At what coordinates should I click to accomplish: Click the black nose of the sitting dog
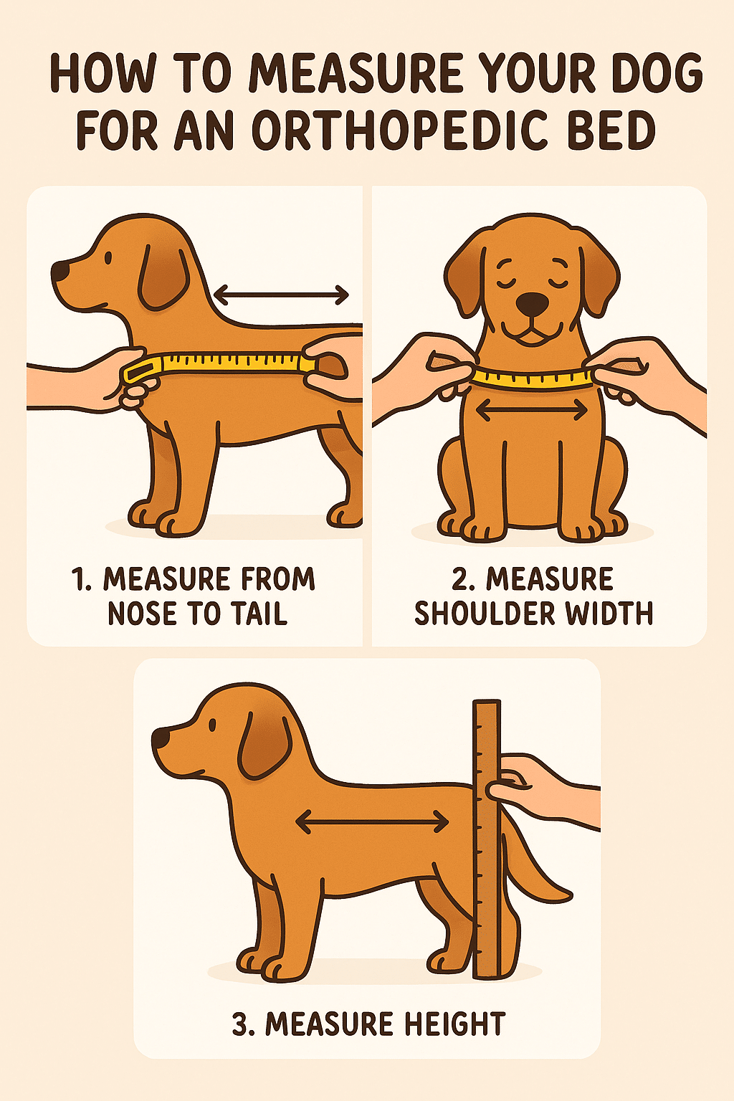[x=532, y=304]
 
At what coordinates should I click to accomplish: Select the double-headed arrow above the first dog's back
[x=281, y=295]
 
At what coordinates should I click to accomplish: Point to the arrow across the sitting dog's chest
[x=531, y=411]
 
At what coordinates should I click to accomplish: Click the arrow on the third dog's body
[x=372, y=821]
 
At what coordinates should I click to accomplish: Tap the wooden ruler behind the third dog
[x=487, y=846]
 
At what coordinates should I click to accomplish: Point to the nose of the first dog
[x=59, y=272]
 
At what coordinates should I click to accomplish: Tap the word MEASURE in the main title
[x=356, y=74]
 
